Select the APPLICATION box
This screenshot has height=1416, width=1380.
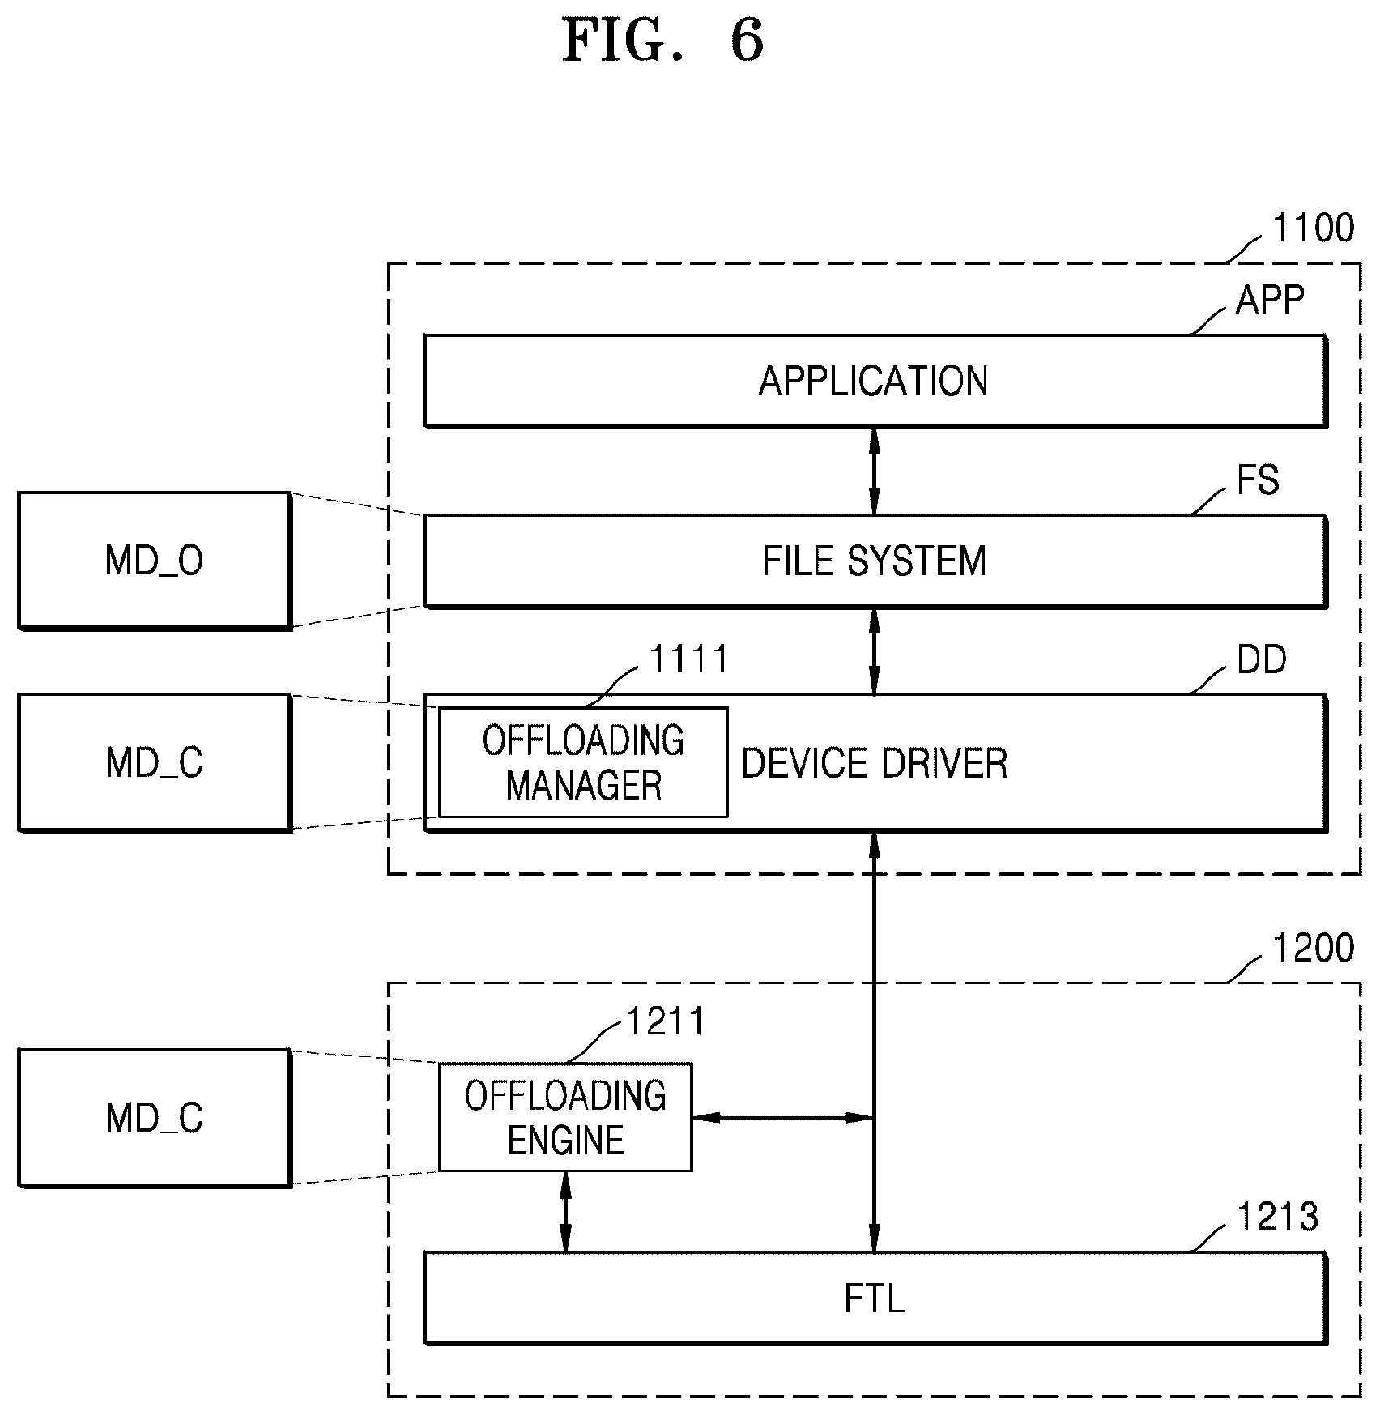click(x=875, y=380)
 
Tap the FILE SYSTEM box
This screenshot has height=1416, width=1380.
click(x=875, y=561)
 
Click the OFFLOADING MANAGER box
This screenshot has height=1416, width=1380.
click(x=583, y=762)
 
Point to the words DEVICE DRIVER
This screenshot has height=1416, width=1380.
click(x=875, y=763)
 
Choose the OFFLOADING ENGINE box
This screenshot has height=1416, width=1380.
click(x=565, y=1117)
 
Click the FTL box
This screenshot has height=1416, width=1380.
click(x=875, y=1298)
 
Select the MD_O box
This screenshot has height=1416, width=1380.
click(x=155, y=560)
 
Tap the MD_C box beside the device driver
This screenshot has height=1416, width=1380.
click(x=155, y=762)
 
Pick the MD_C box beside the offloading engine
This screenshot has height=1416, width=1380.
click(x=155, y=1118)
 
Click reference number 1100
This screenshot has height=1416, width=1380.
click(x=1313, y=228)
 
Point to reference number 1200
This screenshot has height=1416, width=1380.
click(x=1313, y=948)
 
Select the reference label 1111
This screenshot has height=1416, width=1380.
click(x=689, y=659)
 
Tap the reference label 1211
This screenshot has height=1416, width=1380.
click(x=666, y=1021)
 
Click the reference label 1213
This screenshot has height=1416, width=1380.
click(x=1278, y=1217)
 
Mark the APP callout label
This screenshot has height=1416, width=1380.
click(x=1270, y=301)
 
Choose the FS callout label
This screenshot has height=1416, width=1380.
click(x=1258, y=480)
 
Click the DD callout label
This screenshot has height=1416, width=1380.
click(x=1262, y=660)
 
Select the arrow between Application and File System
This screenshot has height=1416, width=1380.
click(x=874, y=471)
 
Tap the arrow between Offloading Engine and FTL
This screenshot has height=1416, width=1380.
click(x=565, y=1212)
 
